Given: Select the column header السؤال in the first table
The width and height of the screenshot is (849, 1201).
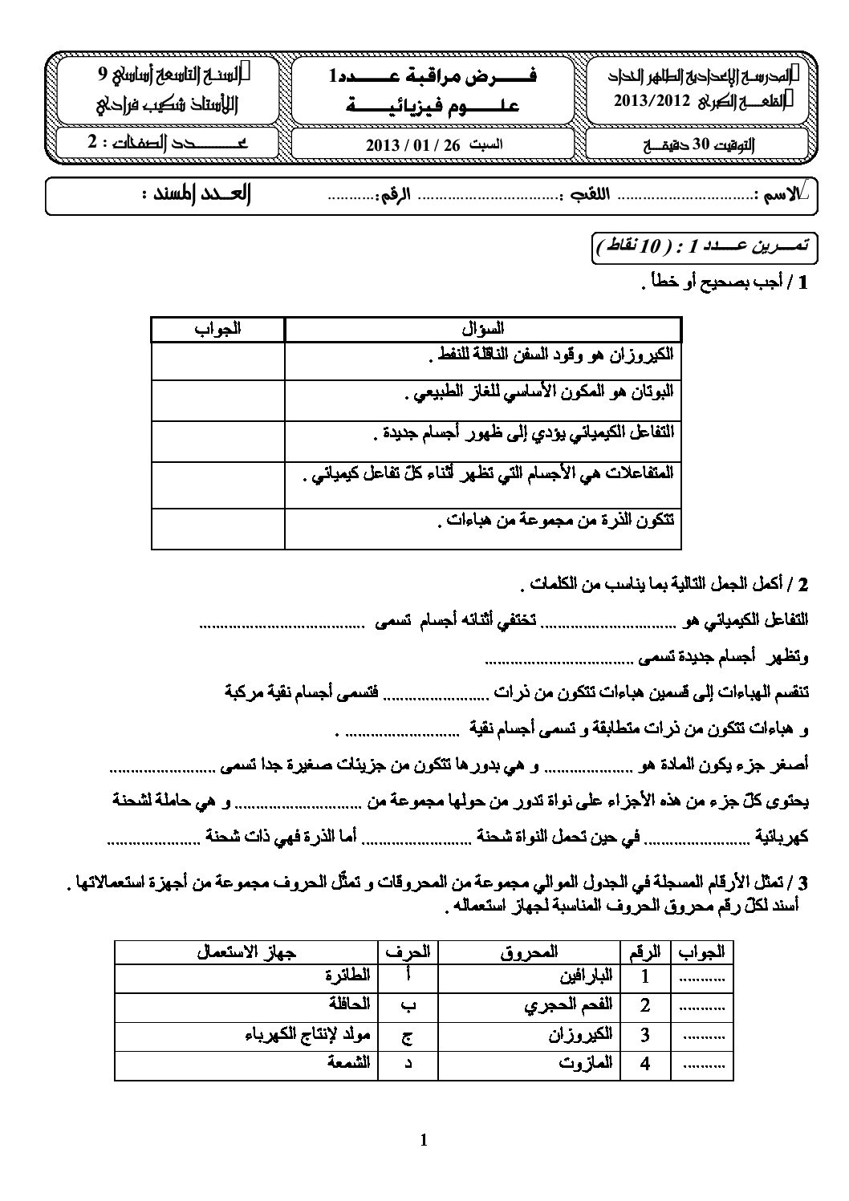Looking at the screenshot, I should (483, 328).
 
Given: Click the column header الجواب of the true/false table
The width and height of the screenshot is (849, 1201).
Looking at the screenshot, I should (217, 328).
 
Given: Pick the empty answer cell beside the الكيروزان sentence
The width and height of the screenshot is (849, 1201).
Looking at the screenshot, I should (217, 361).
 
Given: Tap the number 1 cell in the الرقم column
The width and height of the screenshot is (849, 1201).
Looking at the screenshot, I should (645, 977).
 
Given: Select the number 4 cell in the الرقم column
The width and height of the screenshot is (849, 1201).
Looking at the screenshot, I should (645, 1064).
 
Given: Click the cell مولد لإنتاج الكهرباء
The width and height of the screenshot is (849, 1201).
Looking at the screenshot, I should (308, 1034).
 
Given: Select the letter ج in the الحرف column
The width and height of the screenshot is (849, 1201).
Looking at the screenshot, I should (408, 1035).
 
